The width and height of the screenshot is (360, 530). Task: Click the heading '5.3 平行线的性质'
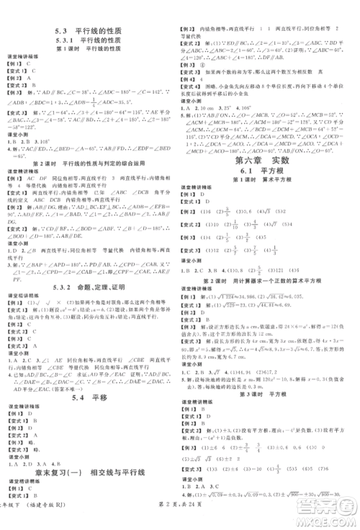[x=90, y=31]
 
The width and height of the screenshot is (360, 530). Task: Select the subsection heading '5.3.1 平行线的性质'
[x=90, y=42]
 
